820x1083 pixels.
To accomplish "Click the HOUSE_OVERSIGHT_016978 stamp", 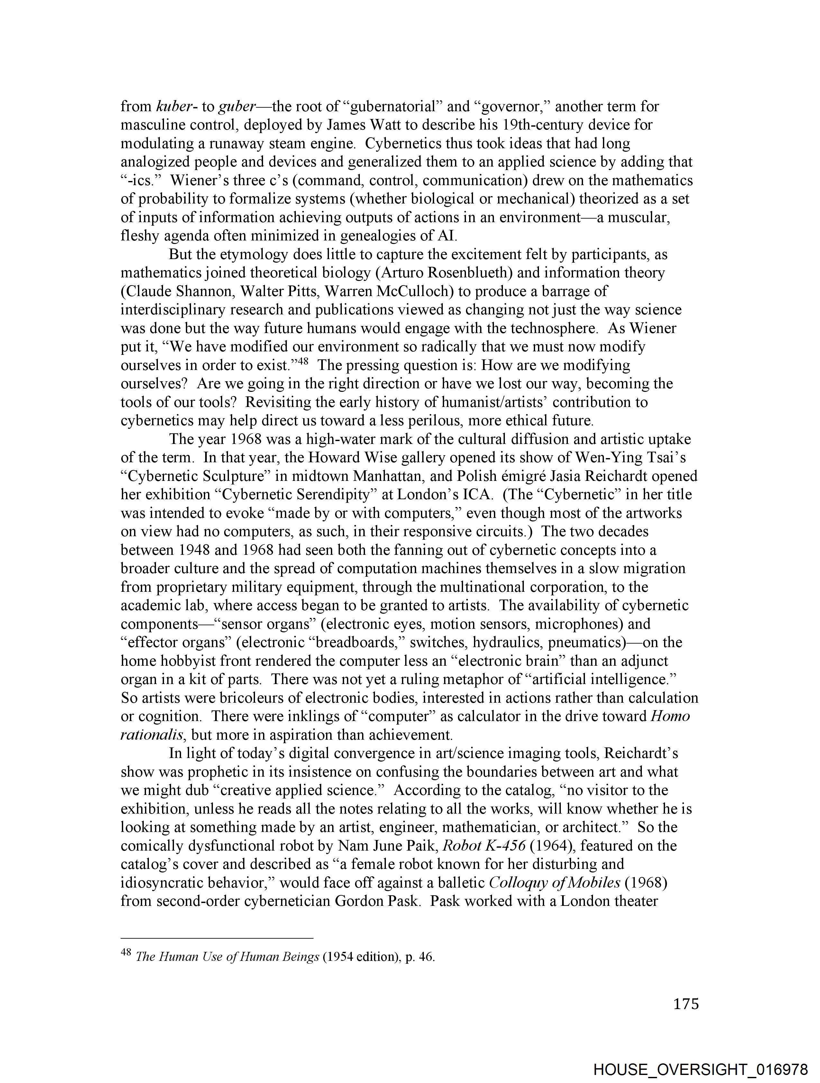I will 700,1069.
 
